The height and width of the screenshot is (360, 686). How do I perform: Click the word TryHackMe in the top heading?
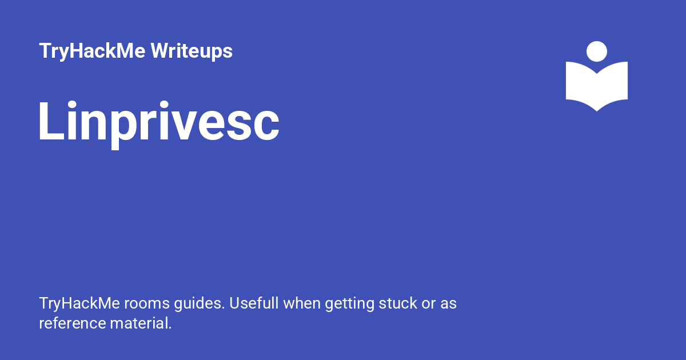click(92, 51)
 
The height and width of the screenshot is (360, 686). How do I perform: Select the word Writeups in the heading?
click(192, 51)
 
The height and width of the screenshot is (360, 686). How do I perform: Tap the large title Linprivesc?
click(159, 124)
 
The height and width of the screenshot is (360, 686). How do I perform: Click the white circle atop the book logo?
click(597, 51)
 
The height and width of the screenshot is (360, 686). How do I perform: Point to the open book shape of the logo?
click(597, 86)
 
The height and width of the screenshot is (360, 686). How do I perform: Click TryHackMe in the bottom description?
click(79, 303)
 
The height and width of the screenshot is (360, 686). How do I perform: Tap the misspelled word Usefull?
click(254, 303)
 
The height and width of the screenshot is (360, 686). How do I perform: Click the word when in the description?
click(302, 303)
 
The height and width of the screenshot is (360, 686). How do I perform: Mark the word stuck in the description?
click(398, 303)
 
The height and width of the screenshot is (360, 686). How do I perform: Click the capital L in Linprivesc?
click(52, 121)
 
